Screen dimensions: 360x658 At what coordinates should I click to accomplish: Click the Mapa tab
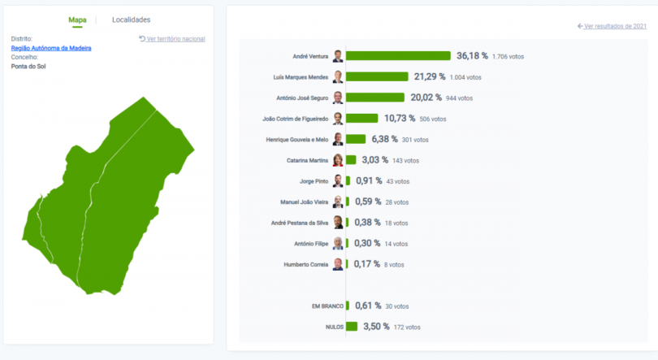[x=77, y=20]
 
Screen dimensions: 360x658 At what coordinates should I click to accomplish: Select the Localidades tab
[x=131, y=20]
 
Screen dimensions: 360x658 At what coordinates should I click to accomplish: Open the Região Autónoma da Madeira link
[x=51, y=48]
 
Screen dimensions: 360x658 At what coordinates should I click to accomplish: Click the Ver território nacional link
[x=172, y=39]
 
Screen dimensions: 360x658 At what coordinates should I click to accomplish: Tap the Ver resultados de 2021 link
[x=612, y=26]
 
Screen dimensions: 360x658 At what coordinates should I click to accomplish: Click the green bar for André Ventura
[x=398, y=56]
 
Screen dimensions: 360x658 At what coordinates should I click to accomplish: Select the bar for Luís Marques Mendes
[x=377, y=76]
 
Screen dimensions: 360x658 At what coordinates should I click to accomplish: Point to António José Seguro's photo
[x=338, y=98]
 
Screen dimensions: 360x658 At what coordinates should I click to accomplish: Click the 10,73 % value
[x=399, y=119]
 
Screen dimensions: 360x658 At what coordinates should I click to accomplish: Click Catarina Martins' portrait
[x=338, y=160]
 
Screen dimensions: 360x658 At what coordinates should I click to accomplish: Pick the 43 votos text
[x=400, y=181]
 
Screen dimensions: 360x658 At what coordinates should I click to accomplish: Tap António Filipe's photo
[x=338, y=243]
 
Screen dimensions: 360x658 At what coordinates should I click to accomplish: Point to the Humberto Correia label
[x=306, y=264]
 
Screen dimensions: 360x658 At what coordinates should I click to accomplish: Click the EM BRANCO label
[x=327, y=306]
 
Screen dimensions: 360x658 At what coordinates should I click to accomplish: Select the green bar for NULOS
[x=352, y=327]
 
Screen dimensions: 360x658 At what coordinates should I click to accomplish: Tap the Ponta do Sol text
[x=28, y=66]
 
